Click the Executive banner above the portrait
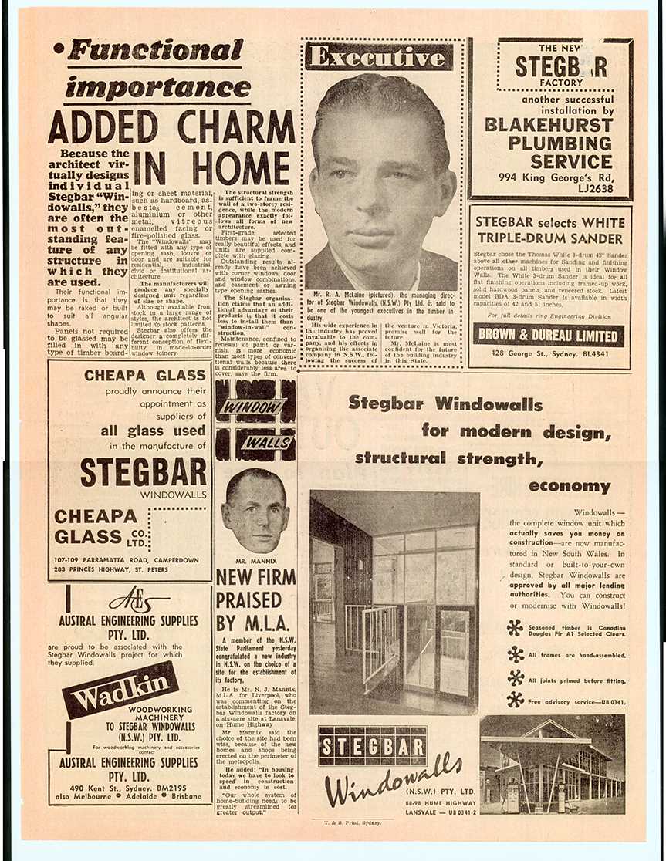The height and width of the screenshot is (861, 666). tap(378, 57)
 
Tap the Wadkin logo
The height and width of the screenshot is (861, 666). tap(120, 689)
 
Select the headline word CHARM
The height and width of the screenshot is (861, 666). tap(237, 127)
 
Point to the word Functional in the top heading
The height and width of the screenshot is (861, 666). tap(155, 51)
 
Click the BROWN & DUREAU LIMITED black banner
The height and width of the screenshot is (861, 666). tap(549, 335)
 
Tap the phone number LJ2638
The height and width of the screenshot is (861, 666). tap(597, 188)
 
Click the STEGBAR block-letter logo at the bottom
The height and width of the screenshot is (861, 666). tap(373, 745)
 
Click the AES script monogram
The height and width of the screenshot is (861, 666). tap(138, 601)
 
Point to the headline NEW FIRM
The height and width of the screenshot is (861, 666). tap(255, 576)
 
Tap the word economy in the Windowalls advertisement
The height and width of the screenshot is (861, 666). tap(570, 486)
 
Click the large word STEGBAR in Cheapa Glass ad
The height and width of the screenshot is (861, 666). tap(144, 471)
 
